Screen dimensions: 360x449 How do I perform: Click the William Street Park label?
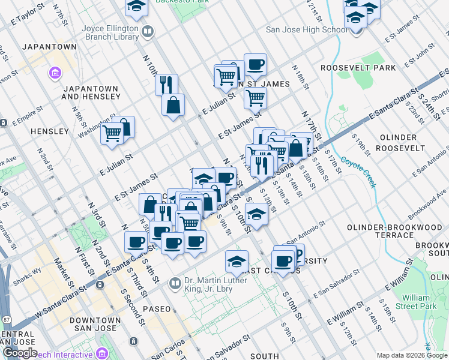(x=420, y=302)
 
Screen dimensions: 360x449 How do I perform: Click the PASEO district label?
(x=157, y=308)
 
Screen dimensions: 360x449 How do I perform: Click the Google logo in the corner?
(x=19, y=353)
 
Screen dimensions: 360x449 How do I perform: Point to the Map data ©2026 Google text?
(x=412, y=355)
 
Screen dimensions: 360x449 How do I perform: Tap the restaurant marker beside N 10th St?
(x=166, y=84)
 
